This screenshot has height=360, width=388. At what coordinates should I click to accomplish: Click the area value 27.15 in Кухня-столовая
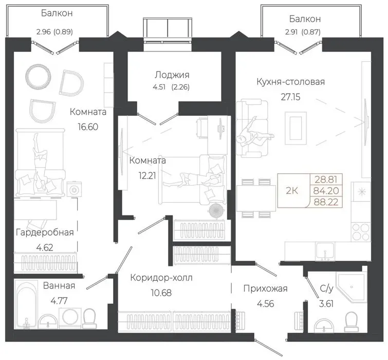[290, 97]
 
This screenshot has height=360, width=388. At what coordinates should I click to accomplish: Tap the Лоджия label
[172, 75]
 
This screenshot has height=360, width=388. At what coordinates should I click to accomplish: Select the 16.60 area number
[88, 127]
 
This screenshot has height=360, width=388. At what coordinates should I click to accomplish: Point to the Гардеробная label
[45, 232]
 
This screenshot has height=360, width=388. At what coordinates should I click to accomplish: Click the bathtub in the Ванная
[27, 304]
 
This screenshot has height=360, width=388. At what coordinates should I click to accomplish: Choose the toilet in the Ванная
[89, 319]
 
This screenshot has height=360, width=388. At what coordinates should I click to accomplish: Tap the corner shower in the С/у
[351, 287]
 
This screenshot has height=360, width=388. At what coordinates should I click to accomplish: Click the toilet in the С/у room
[352, 322]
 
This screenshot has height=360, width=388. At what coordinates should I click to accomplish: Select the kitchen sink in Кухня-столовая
[325, 251]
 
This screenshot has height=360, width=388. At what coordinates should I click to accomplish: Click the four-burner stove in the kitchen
[361, 232]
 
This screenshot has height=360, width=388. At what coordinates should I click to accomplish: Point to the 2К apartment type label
[292, 191]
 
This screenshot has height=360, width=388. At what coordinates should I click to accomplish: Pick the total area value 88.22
[326, 202]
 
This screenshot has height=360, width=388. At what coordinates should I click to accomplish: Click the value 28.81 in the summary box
[326, 179]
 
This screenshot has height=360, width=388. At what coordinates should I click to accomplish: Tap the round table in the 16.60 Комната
[39, 76]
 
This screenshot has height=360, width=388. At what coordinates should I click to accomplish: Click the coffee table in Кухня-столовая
[296, 128]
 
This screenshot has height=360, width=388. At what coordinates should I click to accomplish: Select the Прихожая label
[266, 289]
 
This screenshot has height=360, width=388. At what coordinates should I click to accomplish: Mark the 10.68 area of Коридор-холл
[161, 293]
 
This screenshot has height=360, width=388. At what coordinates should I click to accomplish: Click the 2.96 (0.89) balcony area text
[54, 32]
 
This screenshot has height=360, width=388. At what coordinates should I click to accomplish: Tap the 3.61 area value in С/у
[326, 303]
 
